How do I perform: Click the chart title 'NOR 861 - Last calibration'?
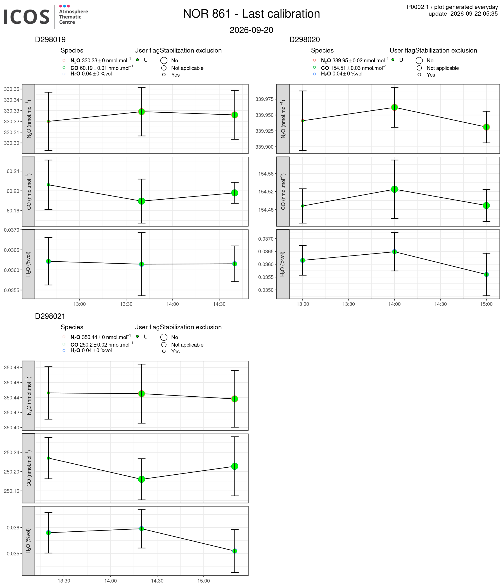coord(251,14)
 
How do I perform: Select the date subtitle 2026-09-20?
coord(251,30)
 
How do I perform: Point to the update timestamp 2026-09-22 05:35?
coord(474,14)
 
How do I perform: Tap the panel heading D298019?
coord(50,40)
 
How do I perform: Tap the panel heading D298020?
coord(305,40)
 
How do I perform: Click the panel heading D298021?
coord(50,316)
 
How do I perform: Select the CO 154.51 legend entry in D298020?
coord(353,68)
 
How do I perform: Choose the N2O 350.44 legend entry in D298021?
coord(101,337)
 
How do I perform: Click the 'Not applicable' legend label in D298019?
coord(187,68)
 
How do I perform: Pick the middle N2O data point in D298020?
coord(394,107)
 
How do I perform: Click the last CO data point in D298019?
coord(234,193)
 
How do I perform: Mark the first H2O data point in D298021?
coord(48,532)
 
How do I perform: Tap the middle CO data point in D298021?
coord(142,479)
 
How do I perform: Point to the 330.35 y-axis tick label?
coord(12,89)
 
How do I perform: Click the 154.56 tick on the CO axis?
coord(266,174)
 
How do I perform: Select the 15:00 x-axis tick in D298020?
coord(486,304)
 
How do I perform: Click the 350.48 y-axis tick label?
coord(12,368)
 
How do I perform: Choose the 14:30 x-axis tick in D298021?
coord(157,581)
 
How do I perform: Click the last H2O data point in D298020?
coord(486,274)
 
